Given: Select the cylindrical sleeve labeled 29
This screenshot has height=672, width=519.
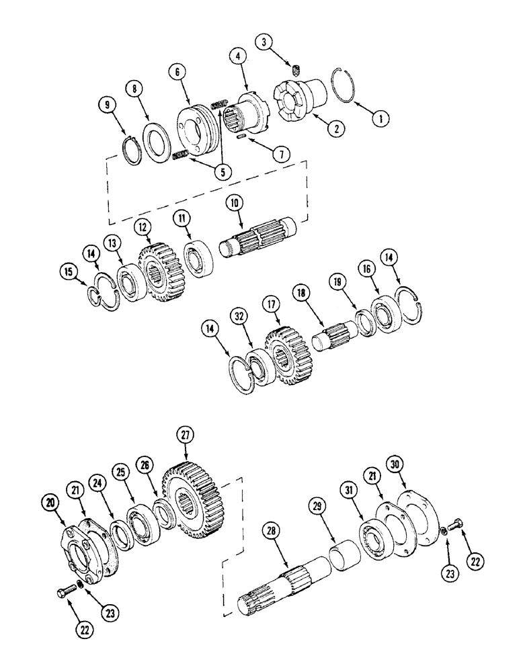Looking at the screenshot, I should pyautogui.click(x=345, y=557).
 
